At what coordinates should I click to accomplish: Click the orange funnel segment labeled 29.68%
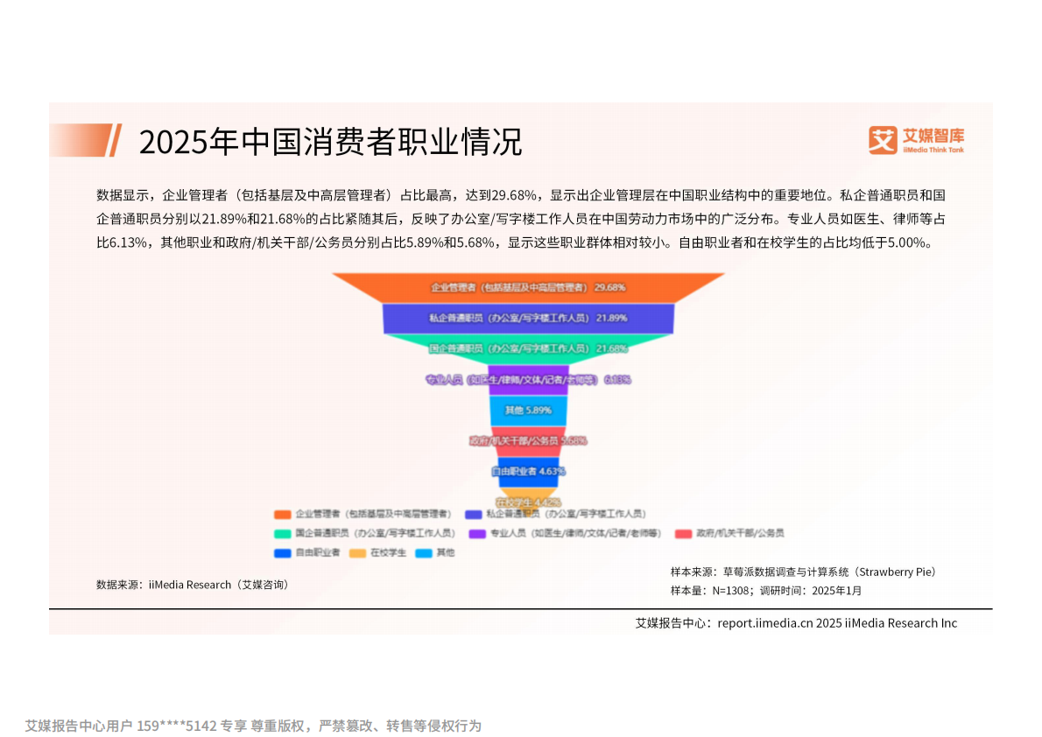point(528,287)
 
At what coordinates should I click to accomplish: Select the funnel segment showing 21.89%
point(528,318)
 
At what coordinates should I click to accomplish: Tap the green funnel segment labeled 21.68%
point(528,348)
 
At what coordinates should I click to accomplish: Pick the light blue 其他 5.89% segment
point(528,410)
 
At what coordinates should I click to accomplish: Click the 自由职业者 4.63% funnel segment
point(528,471)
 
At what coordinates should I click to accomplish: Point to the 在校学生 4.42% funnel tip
point(528,500)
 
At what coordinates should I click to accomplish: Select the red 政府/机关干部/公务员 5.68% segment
point(528,440)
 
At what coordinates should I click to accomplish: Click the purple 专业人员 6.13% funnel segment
point(528,379)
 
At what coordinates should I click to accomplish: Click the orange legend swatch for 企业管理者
point(282,514)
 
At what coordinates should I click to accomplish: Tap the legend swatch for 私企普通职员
point(473,514)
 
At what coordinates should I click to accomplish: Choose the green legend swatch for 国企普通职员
point(282,533)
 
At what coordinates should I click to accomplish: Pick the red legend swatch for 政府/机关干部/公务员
point(683,533)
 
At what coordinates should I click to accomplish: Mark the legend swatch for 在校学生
point(356,553)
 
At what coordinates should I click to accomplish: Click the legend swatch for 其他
point(424,553)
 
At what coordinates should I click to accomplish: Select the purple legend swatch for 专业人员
point(477,533)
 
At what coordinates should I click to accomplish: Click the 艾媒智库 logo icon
point(883,140)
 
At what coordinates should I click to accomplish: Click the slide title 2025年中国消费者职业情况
point(330,142)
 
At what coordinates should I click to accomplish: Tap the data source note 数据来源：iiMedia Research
point(192,585)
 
